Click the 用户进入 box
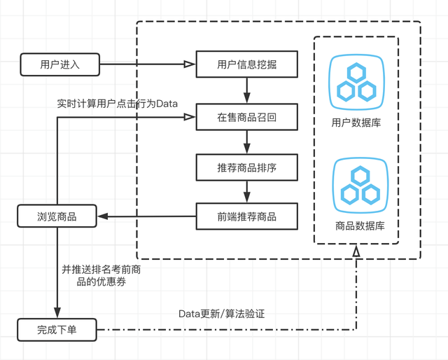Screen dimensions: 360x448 coord(60,64)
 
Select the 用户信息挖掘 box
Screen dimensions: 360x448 coord(246,64)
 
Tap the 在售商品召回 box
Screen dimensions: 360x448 coord(246,117)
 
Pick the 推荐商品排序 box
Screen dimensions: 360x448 coord(246,168)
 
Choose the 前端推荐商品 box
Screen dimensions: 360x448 coord(246,216)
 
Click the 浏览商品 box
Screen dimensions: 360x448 coord(57,216)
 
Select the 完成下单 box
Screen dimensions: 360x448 coord(57,328)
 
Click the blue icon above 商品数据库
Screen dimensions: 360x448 coord(356,184)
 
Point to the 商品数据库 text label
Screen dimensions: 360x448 coord(356,226)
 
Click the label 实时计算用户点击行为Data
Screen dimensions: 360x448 coord(118,104)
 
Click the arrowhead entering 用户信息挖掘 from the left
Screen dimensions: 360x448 coord(190,64)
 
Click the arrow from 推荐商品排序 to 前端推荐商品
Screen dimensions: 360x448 coord(246,192)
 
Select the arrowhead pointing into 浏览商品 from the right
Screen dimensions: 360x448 coord(102,216)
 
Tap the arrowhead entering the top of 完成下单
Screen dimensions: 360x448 coord(57,313)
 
